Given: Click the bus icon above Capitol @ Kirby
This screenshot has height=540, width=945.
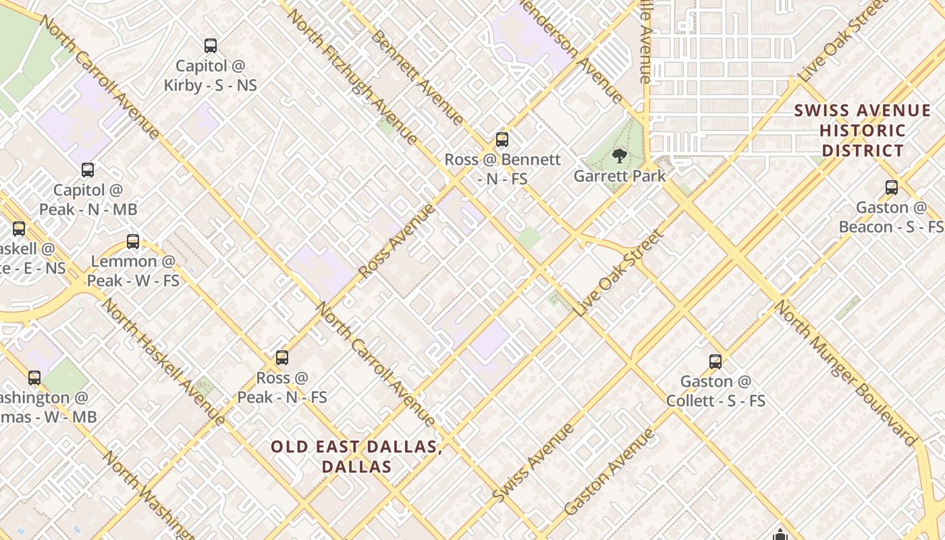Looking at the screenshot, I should pyautogui.click(x=211, y=46).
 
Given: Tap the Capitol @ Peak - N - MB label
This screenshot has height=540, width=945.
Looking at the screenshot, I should pyautogui.click(x=88, y=200).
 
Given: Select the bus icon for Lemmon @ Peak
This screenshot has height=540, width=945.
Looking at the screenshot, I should pyautogui.click(x=133, y=241).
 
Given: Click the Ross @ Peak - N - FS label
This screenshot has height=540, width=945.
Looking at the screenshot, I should pyautogui.click(x=282, y=387).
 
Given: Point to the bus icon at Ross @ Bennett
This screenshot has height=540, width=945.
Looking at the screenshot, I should pyautogui.click(x=502, y=140).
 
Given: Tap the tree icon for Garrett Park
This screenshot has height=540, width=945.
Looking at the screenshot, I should pyautogui.click(x=618, y=157).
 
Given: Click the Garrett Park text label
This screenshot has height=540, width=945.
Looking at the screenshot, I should pyautogui.click(x=620, y=176).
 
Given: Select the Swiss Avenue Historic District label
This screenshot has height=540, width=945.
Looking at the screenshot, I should pyautogui.click(x=862, y=130).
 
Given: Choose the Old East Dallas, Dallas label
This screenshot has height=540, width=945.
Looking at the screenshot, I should pyautogui.click(x=356, y=456).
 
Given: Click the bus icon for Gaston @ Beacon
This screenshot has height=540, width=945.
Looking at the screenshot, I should pyautogui.click(x=892, y=188).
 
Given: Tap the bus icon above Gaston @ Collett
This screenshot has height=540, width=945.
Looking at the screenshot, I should pyautogui.click(x=715, y=362).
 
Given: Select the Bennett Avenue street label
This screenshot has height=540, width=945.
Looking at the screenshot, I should pyautogui.click(x=417, y=78).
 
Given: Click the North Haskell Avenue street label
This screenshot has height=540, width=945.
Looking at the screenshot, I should pyautogui.click(x=163, y=360).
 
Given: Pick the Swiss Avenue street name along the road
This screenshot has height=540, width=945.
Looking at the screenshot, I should pyautogui.click(x=533, y=462).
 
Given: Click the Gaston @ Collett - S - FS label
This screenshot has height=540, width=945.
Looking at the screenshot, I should pyautogui.click(x=715, y=391).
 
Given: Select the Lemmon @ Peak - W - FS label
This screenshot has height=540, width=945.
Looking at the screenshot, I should pyautogui.click(x=133, y=270).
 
